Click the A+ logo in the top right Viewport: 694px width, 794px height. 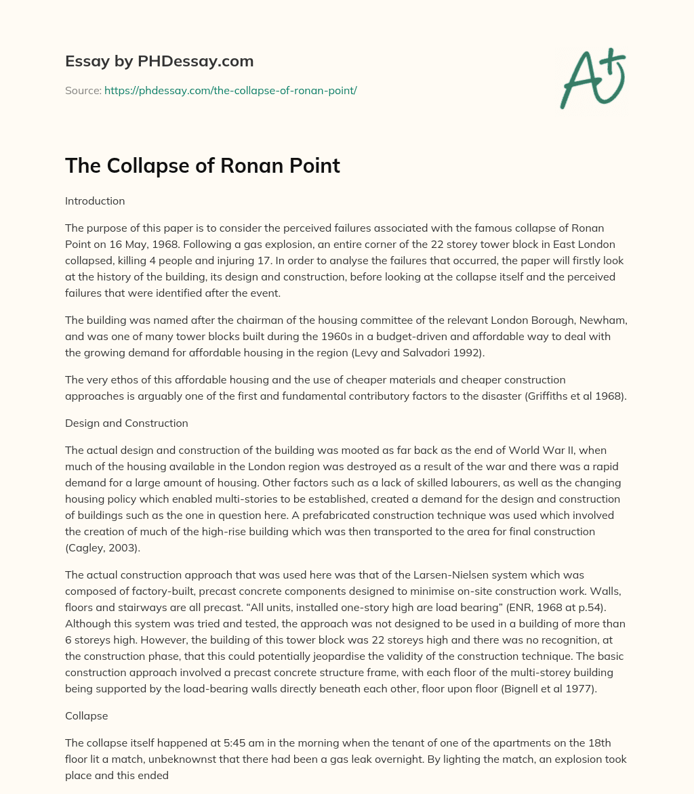(592, 78)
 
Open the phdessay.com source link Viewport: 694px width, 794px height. (230, 90)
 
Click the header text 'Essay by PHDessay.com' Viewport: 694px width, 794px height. (159, 62)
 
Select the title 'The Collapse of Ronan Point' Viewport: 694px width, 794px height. (203, 166)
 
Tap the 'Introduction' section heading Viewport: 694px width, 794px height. (95, 201)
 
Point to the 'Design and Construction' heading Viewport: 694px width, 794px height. (126, 423)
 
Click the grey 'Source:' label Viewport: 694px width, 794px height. (83, 90)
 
